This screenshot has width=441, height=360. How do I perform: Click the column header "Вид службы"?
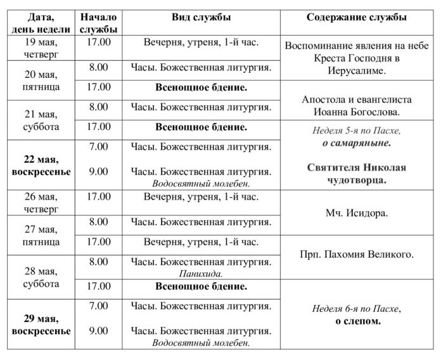(201, 17)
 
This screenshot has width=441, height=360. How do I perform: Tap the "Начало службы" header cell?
(98, 23)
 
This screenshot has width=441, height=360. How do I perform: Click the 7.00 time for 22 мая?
(98, 146)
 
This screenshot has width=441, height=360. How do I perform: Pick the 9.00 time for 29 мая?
(98, 330)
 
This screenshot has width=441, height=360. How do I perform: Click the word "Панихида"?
(201, 274)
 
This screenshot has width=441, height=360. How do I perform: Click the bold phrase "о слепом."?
(358, 321)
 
